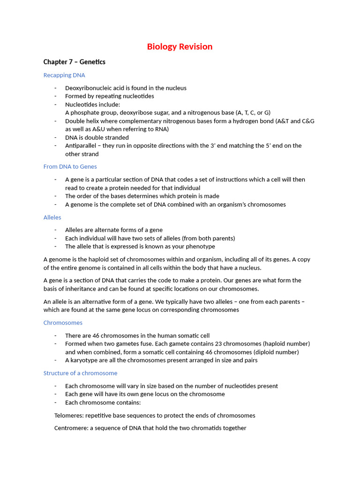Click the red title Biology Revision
(x=180, y=46)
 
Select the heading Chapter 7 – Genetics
(x=74, y=62)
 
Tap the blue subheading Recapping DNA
(x=64, y=75)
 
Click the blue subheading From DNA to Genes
(x=70, y=166)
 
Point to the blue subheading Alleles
(x=52, y=217)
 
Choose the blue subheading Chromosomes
(x=63, y=322)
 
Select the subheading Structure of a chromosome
(x=80, y=373)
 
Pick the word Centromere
(x=71, y=428)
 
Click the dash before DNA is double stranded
(x=55, y=137)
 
